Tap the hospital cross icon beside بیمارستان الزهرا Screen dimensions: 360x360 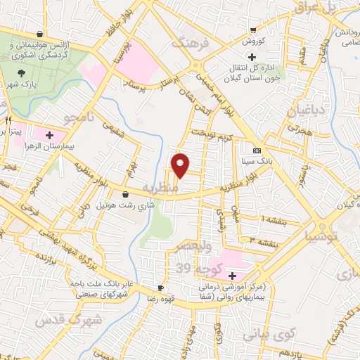(49, 134)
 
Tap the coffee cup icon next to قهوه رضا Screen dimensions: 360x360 (161, 288)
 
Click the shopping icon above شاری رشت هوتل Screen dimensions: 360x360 (124, 195)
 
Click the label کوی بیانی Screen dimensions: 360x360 (263, 336)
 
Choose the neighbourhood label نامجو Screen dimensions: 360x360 (73, 113)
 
